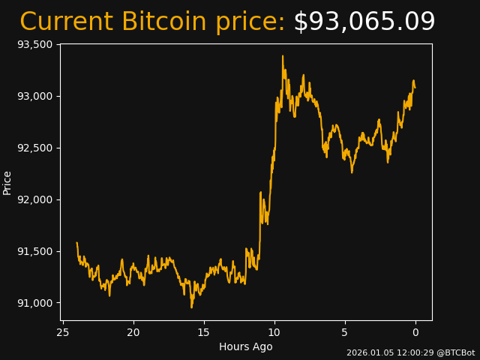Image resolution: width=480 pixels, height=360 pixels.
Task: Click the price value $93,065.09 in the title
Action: click(x=364, y=22)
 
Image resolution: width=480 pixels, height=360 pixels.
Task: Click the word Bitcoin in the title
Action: click(x=165, y=22)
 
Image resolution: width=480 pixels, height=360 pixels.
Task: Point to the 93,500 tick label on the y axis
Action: click(x=34, y=44)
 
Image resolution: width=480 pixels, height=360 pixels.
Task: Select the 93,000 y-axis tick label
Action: click(x=34, y=96)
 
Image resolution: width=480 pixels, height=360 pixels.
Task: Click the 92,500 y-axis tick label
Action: click(x=34, y=148)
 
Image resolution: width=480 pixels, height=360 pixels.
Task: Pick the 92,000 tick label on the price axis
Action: click(x=34, y=199)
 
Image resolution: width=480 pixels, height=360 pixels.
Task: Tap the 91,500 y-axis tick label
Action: click(x=34, y=251)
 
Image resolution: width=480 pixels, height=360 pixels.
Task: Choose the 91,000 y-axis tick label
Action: click(x=34, y=303)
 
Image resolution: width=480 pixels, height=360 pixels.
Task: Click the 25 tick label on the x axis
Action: click(x=63, y=332)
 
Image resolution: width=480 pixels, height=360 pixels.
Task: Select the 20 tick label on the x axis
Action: click(x=133, y=332)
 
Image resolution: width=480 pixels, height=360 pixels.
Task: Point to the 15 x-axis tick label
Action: click(x=204, y=332)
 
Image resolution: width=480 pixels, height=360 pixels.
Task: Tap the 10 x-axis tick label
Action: click(x=274, y=332)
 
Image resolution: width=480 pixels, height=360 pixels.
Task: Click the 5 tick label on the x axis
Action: click(x=345, y=332)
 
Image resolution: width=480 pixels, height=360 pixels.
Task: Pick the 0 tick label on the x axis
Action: click(x=415, y=332)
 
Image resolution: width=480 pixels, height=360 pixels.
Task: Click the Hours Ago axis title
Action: click(x=246, y=346)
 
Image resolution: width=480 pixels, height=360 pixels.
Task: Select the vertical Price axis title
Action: click(x=7, y=182)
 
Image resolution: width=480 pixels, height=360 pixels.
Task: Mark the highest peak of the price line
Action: click(x=283, y=55)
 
